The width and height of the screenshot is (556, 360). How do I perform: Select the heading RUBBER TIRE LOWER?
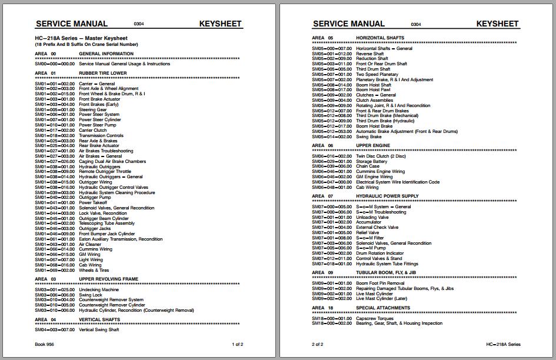tap(103, 74)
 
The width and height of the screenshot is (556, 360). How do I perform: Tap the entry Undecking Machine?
tap(99, 289)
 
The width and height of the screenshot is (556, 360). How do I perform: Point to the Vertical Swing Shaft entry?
tap(99, 330)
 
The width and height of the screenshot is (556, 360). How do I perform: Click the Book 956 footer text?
tap(45, 344)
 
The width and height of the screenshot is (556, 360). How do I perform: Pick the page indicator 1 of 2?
tap(237, 344)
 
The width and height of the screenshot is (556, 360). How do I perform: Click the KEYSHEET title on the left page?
tap(221, 24)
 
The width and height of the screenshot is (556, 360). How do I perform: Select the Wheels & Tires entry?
tap(94, 271)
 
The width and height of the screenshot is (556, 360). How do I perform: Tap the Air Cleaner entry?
tap(91, 244)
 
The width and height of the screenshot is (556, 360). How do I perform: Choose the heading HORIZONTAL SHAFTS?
tap(380, 38)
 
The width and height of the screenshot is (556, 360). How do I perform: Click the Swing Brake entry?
tap(369, 137)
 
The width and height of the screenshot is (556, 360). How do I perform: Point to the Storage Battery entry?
tap(372, 161)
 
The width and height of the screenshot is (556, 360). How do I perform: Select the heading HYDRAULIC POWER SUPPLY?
tap(387, 196)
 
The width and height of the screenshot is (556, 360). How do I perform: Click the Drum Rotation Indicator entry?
tap(379, 254)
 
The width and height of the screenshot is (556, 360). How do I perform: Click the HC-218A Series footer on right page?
tap(503, 344)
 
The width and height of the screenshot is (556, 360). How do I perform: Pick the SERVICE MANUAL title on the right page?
tap(349, 24)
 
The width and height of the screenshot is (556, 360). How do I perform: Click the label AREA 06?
tap(322, 145)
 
